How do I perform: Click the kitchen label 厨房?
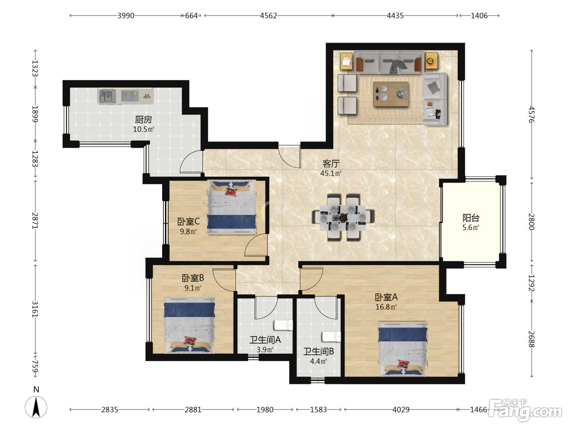click(143, 120)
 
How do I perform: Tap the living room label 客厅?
click(331, 163)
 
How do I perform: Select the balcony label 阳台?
click(471, 218)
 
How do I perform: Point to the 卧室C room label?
click(189, 221)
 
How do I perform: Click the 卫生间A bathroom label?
click(265, 340)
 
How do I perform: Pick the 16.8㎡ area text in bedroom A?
click(386, 307)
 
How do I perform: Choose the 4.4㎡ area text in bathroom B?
click(318, 361)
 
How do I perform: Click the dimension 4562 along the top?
click(268, 15)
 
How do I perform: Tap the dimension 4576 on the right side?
click(531, 114)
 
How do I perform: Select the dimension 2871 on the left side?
click(35, 221)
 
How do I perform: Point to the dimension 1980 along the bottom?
click(265, 410)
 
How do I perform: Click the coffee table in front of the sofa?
click(391, 94)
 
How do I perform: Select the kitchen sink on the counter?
click(107, 96)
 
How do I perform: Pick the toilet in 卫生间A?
click(283, 325)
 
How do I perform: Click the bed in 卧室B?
click(189, 325)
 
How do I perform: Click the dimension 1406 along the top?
click(479, 15)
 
